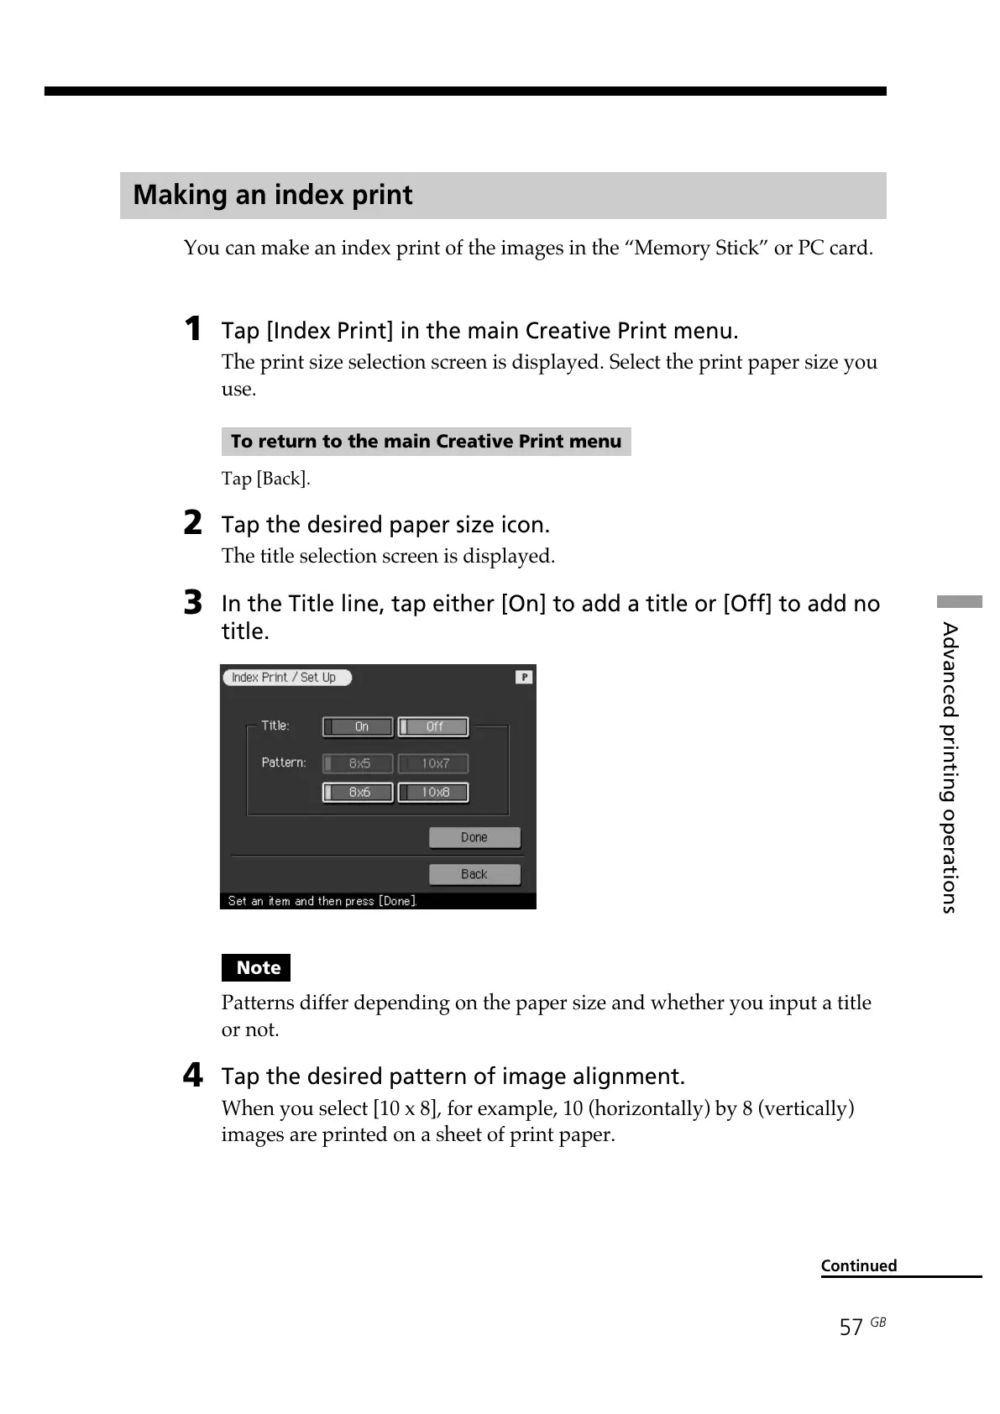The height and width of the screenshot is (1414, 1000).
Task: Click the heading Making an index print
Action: tap(273, 196)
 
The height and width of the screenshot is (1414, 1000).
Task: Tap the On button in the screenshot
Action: tap(359, 727)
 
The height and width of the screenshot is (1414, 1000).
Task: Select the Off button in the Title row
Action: tap(433, 727)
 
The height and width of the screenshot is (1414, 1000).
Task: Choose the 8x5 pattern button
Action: tap(359, 763)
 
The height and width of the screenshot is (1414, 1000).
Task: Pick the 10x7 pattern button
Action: tap(433, 763)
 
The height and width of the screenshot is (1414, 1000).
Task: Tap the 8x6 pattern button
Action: tap(359, 793)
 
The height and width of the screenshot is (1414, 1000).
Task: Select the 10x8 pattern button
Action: tap(433, 793)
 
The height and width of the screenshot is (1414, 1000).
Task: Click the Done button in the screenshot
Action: tap(474, 837)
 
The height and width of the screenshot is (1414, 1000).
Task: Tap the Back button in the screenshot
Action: tap(474, 874)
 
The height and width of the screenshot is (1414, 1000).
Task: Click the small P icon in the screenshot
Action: tap(524, 677)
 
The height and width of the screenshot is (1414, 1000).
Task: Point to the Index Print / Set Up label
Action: tap(285, 678)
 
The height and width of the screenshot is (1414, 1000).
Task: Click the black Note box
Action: tap(256, 968)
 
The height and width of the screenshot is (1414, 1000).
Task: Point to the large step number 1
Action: tap(193, 329)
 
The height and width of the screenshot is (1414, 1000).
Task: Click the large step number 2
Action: tap(193, 523)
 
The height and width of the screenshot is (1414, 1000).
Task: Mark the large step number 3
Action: tap(193, 602)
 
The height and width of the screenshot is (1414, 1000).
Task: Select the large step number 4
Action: tap(193, 1075)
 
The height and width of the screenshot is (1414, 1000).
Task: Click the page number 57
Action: tap(851, 1327)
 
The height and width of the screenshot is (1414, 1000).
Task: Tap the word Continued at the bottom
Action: tap(858, 1265)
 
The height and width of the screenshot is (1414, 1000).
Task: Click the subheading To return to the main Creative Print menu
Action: tap(426, 442)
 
